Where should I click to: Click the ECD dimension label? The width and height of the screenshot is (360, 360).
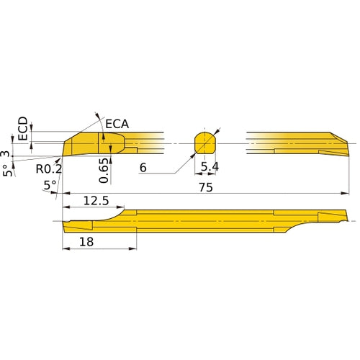coord(23,128)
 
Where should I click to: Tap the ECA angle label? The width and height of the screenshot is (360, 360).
coord(117,125)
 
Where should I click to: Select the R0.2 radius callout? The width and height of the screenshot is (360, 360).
coord(49,169)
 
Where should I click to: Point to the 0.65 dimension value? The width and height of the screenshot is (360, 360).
coord(104,171)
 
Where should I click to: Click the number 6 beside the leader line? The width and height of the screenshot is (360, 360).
coord(143,167)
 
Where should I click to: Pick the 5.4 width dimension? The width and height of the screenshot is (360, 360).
coord(210,168)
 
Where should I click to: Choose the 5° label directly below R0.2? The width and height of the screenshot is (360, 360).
coord(50,185)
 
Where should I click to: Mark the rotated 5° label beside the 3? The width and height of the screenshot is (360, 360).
coord(6,171)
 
